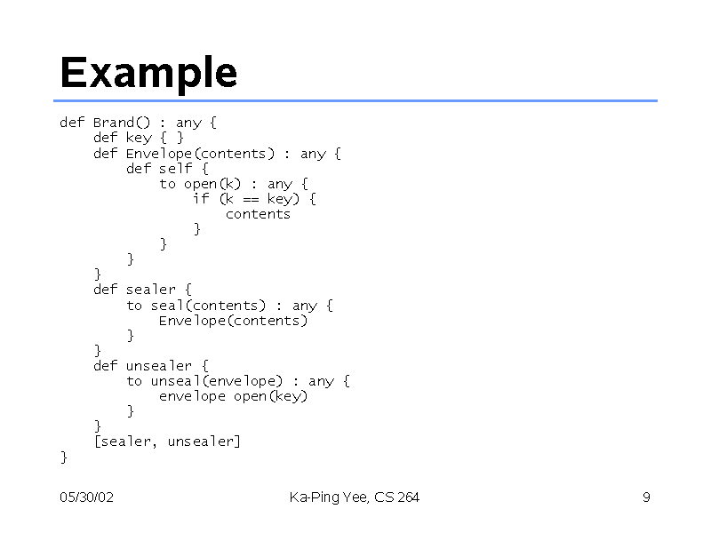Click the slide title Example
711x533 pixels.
click(x=148, y=73)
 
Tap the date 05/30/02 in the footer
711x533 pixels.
click(x=86, y=497)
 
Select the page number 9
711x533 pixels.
click(x=646, y=497)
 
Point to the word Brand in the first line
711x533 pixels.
click(x=114, y=123)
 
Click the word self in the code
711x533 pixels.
click(x=175, y=168)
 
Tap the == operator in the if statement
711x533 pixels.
click(x=251, y=199)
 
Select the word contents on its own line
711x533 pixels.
click(x=258, y=214)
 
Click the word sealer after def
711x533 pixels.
click(x=150, y=290)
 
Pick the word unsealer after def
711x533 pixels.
click(x=159, y=365)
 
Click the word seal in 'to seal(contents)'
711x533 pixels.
click(x=167, y=305)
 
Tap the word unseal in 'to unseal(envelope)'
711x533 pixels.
click(x=175, y=381)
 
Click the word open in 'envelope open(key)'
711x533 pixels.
click(x=250, y=396)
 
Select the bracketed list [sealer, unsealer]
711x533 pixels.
click(x=167, y=442)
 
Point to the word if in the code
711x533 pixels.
click(x=201, y=198)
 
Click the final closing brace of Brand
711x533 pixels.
click(x=64, y=457)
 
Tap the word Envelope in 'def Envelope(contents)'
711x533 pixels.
click(x=159, y=154)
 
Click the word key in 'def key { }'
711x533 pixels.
click(x=139, y=138)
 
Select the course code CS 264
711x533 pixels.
click(x=396, y=497)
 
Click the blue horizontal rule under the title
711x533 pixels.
click(x=355, y=100)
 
